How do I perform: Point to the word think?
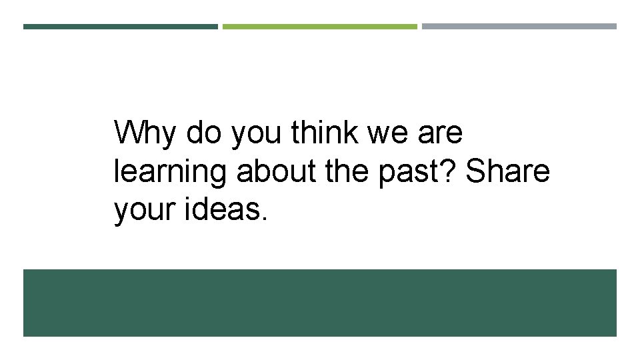(x=326, y=133)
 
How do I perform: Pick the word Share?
(x=508, y=171)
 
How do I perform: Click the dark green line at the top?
(x=121, y=27)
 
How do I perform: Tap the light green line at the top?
(x=319, y=27)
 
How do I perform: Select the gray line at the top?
(x=519, y=27)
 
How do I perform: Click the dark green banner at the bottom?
(x=320, y=303)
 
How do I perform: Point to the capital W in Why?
(x=129, y=133)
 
